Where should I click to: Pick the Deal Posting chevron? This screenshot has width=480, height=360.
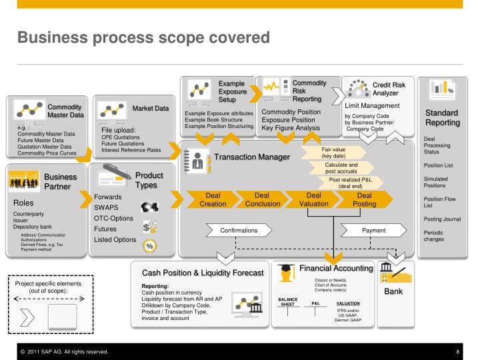click(365, 199)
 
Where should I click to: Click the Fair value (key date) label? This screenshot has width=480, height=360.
click(338, 153)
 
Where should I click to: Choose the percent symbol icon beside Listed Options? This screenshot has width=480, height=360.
click(151, 245)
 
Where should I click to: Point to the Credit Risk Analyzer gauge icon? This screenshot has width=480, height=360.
click(356, 88)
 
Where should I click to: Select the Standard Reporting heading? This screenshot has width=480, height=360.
click(443, 118)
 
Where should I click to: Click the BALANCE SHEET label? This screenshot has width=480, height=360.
click(287, 302)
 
